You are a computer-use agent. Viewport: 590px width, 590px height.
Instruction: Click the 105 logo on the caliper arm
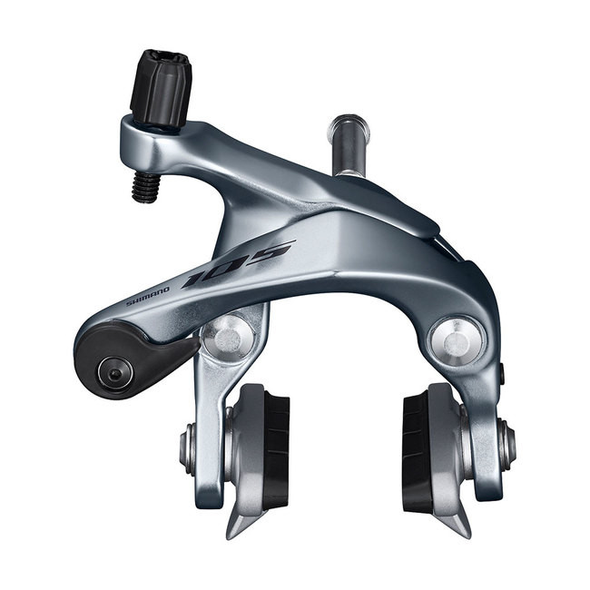(x=238, y=264)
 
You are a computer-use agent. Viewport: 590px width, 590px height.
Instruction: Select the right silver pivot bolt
(x=457, y=339)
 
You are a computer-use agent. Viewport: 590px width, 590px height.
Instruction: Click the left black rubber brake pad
(x=276, y=450)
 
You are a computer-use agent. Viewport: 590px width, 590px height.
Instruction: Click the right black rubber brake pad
(x=417, y=450)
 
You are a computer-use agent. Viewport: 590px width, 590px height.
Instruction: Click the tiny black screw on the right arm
(x=498, y=373)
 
